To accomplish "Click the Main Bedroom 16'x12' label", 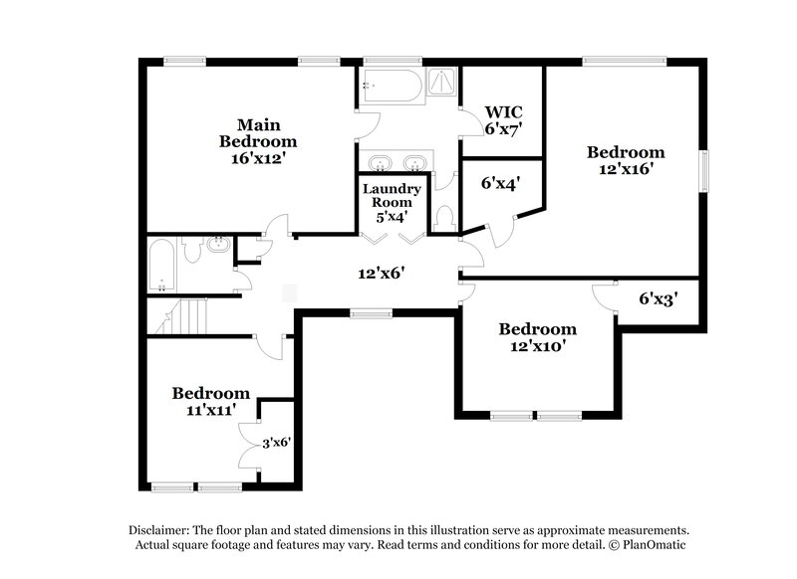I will (x=258, y=141).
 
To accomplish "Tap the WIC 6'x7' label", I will (x=503, y=118).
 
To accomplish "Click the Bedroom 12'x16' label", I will (x=625, y=160).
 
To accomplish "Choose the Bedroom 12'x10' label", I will (x=538, y=337).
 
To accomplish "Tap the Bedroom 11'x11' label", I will (x=210, y=401).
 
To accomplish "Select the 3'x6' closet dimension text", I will (x=276, y=443).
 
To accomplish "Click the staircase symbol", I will (x=184, y=316).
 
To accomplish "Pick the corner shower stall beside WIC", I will (x=439, y=85).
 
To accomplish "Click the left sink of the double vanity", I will (x=379, y=162).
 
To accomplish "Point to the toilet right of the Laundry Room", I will (x=445, y=217).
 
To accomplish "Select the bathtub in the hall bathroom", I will (x=162, y=267).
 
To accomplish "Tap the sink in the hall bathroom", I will (x=218, y=244).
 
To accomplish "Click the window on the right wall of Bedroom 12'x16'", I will (x=704, y=170).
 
